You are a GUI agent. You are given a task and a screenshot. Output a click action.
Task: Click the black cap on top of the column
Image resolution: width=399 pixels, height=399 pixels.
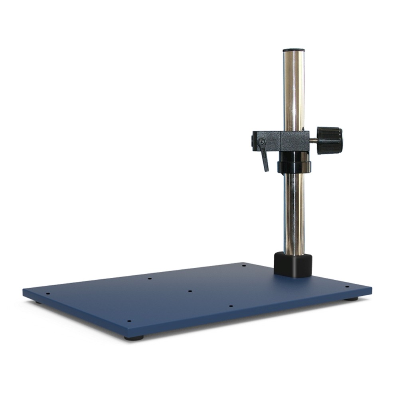tap(293, 50)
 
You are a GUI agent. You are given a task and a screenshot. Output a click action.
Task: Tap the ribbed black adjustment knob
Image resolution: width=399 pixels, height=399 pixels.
tap(330, 140)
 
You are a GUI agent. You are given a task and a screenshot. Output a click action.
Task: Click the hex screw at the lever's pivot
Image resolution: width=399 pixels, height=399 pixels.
tap(261, 142)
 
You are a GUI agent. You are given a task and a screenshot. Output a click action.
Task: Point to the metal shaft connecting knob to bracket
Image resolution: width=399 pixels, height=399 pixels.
tap(314, 140)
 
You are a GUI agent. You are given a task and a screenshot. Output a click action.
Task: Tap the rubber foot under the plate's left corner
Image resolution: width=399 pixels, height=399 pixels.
tap(38, 302)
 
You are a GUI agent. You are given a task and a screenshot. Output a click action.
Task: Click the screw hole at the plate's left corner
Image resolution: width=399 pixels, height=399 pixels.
tap(48, 294)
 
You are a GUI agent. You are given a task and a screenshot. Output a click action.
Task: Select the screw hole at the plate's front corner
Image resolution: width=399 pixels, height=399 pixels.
tap(128, 320)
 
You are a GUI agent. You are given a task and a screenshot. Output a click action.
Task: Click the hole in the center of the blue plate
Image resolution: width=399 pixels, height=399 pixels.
tap(190, 291)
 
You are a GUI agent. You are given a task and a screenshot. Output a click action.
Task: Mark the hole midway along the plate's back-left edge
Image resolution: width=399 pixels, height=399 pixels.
tap(150, 279)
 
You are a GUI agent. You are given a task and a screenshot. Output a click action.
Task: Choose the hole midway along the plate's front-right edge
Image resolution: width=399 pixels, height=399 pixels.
tap(231, 306)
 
